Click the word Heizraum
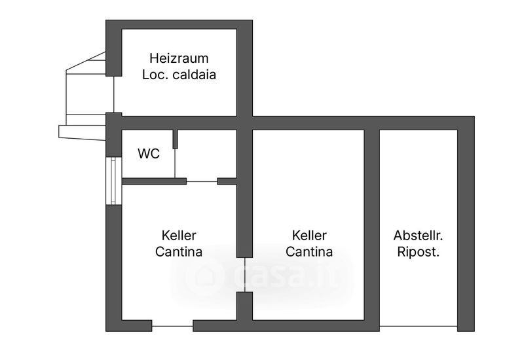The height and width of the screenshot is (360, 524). point(179,58)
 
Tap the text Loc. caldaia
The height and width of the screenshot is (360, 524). point(179,75)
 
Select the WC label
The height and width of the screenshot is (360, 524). point(149,154)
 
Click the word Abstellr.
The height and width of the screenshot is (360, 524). point(418,236)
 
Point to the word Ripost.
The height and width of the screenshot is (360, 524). point(418,252)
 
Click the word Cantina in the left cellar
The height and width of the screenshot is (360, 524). point(179,252)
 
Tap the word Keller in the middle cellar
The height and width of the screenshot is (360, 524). point(309,236)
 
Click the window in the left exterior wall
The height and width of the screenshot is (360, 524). point(113,181)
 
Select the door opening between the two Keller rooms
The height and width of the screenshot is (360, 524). point(244,274)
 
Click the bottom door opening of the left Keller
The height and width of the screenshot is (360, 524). point(172,326)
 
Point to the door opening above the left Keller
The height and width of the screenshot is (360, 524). point(202,181)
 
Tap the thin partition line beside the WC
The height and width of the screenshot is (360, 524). point(175,163)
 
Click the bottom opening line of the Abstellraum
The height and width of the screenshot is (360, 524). point(419,326)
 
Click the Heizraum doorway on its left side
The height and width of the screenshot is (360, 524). point(113,94)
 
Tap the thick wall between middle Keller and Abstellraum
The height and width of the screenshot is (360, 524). point(371,227)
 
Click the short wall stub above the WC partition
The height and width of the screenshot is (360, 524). point(175,139)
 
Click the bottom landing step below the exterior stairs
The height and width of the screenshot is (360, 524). point(83,133)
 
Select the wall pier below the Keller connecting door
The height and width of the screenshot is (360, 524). point(244,306)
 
